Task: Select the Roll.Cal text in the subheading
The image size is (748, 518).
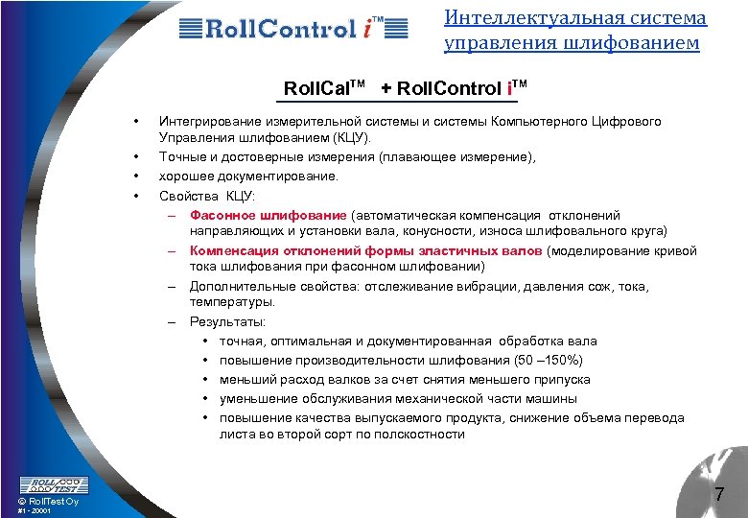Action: pyautogui.click(x=321, y=89)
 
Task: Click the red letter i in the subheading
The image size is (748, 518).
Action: pyautogui.click(x=510, y=89)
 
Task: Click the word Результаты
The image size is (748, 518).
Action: pyautogui.click(x=228, y=322)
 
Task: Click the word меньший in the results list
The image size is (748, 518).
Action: pyautogui.click(x=246, y=380)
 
